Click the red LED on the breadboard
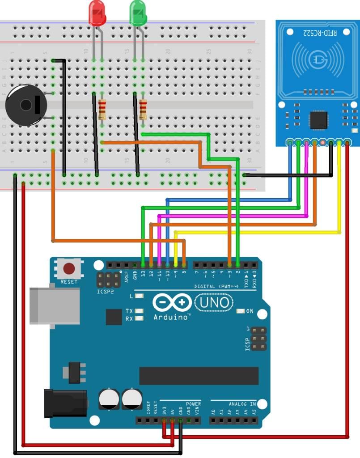(97, 13)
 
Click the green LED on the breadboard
(138, 13)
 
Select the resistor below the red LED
(102, 109)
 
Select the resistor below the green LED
(143, 109)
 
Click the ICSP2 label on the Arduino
(106, 292)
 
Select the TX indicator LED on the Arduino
(140, 311)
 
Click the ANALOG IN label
(242, 403)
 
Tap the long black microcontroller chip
(199, 376)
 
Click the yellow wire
(259, 232)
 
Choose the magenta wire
(233, 216)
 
